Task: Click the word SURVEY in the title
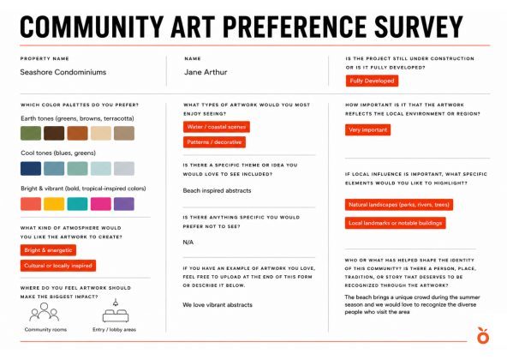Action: tap(419, 27)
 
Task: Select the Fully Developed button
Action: tap(372, 81)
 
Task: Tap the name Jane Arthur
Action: tap(206, 72)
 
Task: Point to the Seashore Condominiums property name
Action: tap(63, 72)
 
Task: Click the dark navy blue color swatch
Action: tap(31, 168)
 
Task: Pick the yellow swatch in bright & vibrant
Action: tap(54, 204)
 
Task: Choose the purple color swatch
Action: tap(124, 204)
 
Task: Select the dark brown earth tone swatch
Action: tap(54, 133)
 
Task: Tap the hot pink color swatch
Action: tap(100, 204)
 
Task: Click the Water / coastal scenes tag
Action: tap(217, 127)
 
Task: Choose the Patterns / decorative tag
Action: tap(214, 142)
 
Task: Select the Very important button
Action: tap(367, 129)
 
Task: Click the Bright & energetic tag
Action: tap(48, 250)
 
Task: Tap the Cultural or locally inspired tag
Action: tap(58, 266)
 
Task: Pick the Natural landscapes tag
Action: tap(399, 205)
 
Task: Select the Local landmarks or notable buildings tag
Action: tap(396, 223)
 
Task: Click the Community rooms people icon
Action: tap(45, 312)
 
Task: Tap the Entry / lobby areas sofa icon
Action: tap(116, 311)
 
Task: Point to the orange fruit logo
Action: tap(483, 335)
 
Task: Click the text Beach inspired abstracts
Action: tap(217, 190)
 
